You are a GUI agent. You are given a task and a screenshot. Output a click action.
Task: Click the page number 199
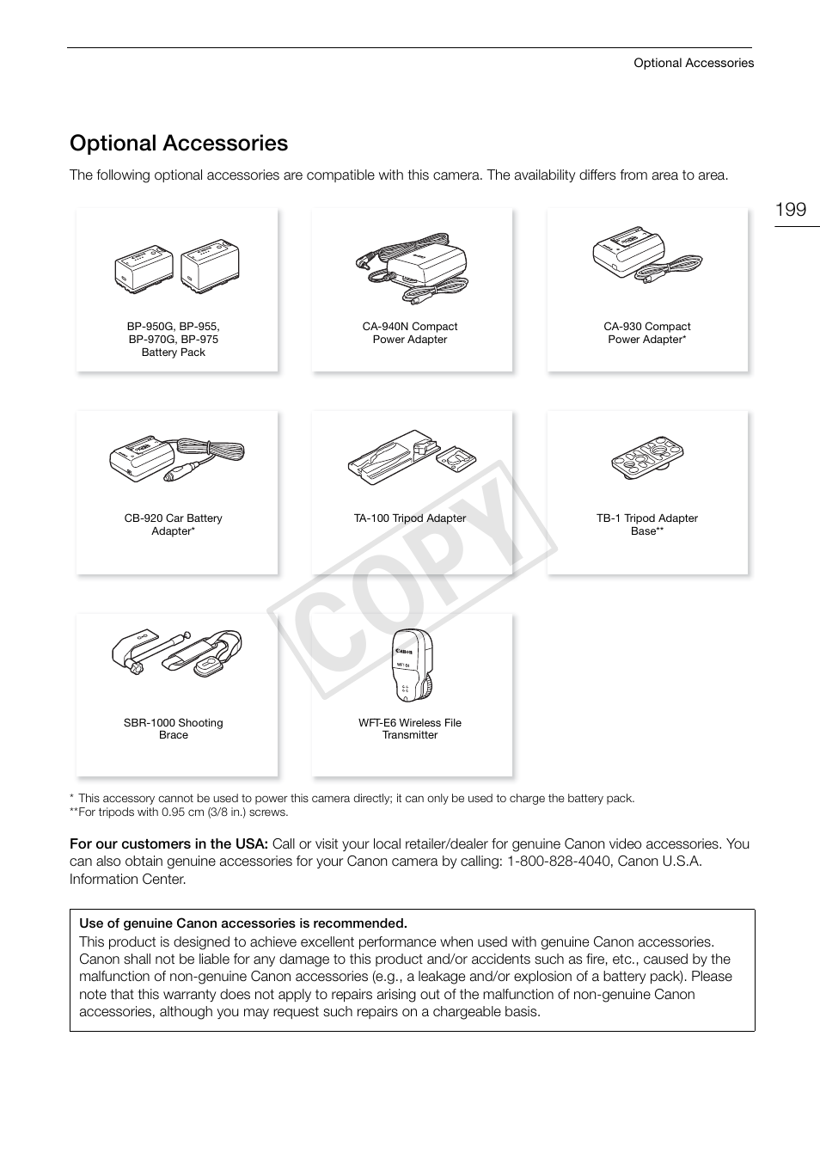[790, 210]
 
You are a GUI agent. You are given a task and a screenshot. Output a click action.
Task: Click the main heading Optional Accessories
[179, 143]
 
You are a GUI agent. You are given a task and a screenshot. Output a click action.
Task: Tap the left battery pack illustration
[144, 267]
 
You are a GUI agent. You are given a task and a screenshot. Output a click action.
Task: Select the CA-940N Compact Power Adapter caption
[410, 333]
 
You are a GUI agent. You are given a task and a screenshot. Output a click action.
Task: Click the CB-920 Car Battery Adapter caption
[174, 524]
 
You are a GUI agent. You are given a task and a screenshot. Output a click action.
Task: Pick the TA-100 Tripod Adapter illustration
[411, 455]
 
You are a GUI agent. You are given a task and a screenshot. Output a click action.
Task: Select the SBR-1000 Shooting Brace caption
[174, 729]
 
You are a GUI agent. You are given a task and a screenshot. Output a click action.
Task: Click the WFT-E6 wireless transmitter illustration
[411, 665]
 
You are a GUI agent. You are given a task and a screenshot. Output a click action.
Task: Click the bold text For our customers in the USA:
[168, 844]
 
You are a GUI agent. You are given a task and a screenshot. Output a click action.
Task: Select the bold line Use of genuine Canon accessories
[243, 923]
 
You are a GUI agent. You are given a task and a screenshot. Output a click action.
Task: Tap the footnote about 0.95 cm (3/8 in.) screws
[180, 812]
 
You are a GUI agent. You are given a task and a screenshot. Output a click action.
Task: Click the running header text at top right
[694, 63]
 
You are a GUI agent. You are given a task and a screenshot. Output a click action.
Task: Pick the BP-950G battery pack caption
[174, 340]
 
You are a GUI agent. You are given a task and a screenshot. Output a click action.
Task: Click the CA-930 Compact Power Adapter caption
[646, 333]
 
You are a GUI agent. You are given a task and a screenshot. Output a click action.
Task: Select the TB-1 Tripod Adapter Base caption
[647, 524]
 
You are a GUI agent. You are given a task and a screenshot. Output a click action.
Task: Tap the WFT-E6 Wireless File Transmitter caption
[410, 729]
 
